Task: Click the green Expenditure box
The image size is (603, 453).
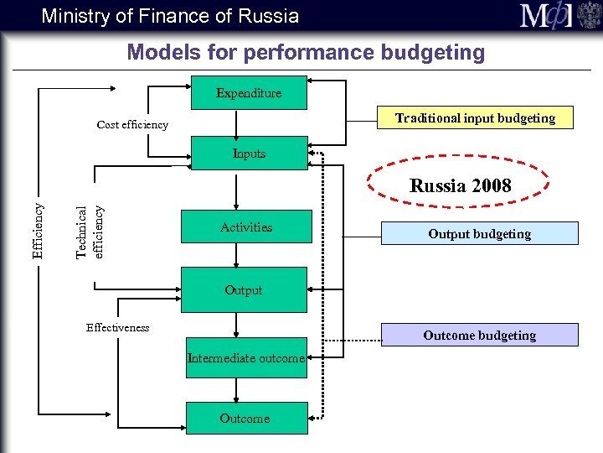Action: coord(249,93)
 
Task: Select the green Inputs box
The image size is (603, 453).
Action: coord(249,154)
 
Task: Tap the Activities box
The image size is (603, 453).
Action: coord(245,227)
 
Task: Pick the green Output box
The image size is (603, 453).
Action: coord(243,290)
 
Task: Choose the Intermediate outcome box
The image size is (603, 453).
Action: coord(245,358)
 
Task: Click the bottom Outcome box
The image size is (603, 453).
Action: coord(245,418)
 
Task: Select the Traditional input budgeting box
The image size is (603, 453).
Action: coord(475,118)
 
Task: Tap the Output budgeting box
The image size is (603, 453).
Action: coord(479,234)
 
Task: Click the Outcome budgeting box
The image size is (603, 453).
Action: coord(479,336)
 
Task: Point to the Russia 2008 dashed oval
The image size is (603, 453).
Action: coord(460,186)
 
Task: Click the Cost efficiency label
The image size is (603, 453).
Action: coord(132,125)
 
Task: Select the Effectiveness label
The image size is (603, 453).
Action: coord(117,328)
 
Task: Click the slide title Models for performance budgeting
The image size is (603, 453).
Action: coord(306,53)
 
